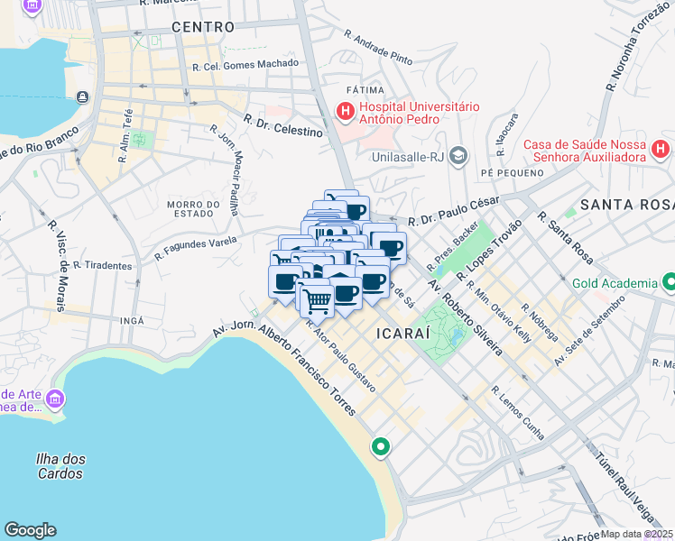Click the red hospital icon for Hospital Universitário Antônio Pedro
click(345, 112)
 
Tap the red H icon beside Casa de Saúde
click(661, 147)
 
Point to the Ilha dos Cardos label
click(60, 465)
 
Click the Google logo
click(30, 530)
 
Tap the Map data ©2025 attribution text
click(637, 534)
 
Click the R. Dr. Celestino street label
click(282, 125)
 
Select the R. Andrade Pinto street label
click(378, 48)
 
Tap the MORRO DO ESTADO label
click(194, 209)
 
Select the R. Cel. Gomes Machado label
click(245, 64)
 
